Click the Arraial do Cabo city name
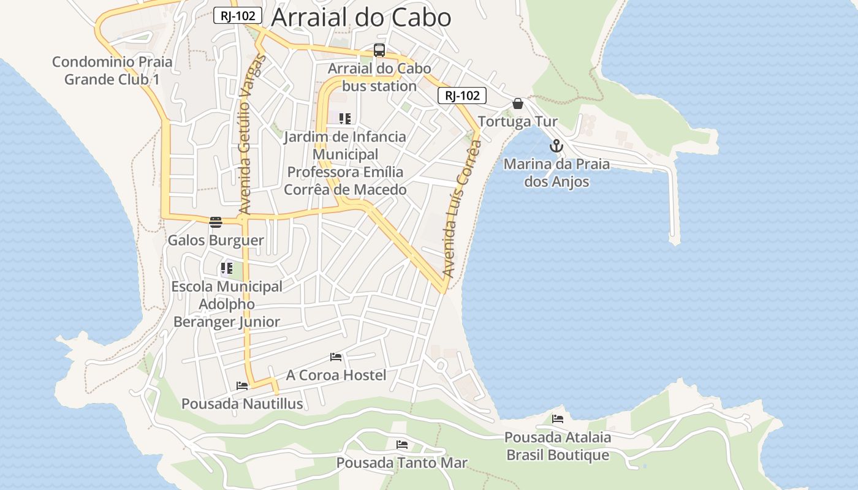(361, 17)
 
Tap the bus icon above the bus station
(379, 50)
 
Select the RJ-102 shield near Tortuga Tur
(461, 96)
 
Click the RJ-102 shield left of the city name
(238, 16)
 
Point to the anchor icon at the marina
(556, 146)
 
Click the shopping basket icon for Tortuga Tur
(518, 104)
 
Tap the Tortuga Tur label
(518, 121)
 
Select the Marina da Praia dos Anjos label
(556, 173)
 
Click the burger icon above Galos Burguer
(215, 222)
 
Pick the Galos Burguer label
(216, 240)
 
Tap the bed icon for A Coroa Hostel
(336, 356)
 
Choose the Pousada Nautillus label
(242, 404)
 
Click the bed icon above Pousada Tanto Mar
(402, 444)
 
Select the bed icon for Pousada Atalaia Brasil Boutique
(558, 419)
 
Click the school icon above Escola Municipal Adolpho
(227, 268)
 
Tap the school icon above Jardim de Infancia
(345, 118)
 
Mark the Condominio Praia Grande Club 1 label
(112, 70)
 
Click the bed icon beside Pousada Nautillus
(242, 386)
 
